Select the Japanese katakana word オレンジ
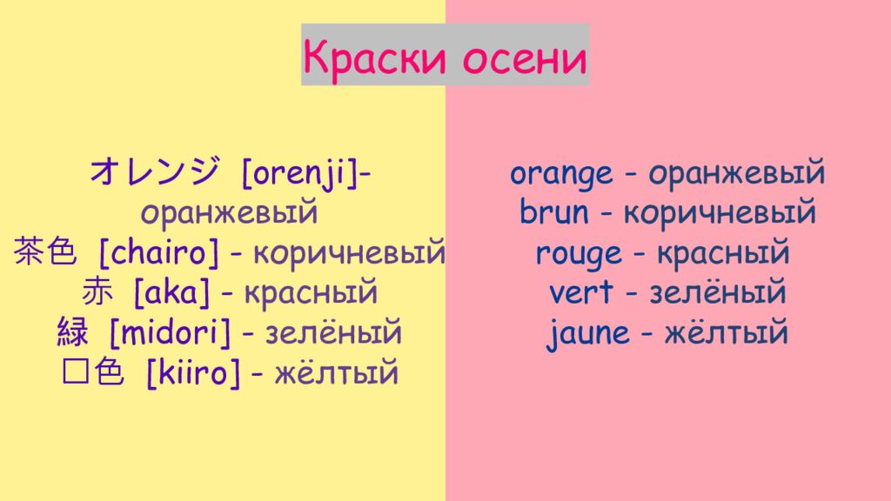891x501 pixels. tap(154, 172)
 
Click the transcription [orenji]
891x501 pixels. tap(299, 173)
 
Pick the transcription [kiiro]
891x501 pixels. tap(193, 373)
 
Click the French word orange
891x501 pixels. tap(561, 174)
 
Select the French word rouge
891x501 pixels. tap(579, 254)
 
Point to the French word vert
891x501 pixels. tap(580, 293)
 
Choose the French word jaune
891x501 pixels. tap(588, 333)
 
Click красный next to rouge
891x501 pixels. tap(723, 254)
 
